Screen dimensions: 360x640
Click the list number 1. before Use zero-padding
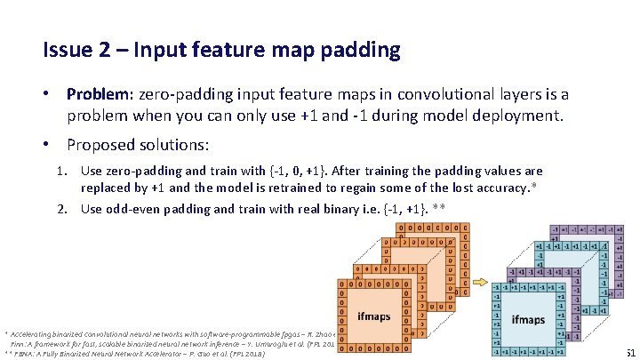pos(63,171)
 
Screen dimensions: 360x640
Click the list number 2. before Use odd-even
pos(63,209)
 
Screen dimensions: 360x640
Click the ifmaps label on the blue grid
pos(528,319)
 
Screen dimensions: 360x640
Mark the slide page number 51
pos(630,352)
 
